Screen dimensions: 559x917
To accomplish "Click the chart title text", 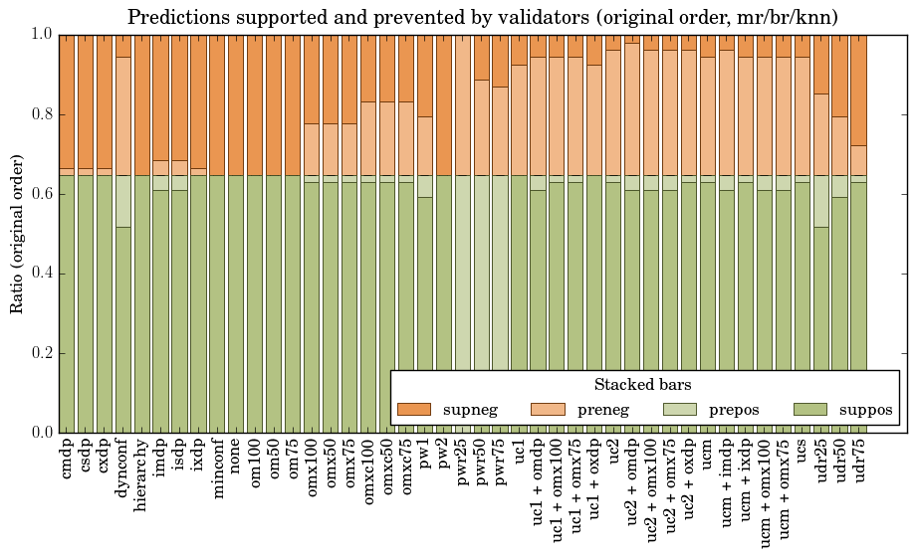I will coord(483,17).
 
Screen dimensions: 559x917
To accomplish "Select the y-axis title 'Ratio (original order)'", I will coord(17,234).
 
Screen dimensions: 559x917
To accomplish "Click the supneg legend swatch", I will coord(413,409).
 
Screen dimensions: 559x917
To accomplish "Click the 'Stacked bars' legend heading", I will coord(642,385).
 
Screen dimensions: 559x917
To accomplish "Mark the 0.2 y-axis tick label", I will coord(39,353).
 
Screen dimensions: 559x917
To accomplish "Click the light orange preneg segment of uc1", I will coord(520,119).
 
